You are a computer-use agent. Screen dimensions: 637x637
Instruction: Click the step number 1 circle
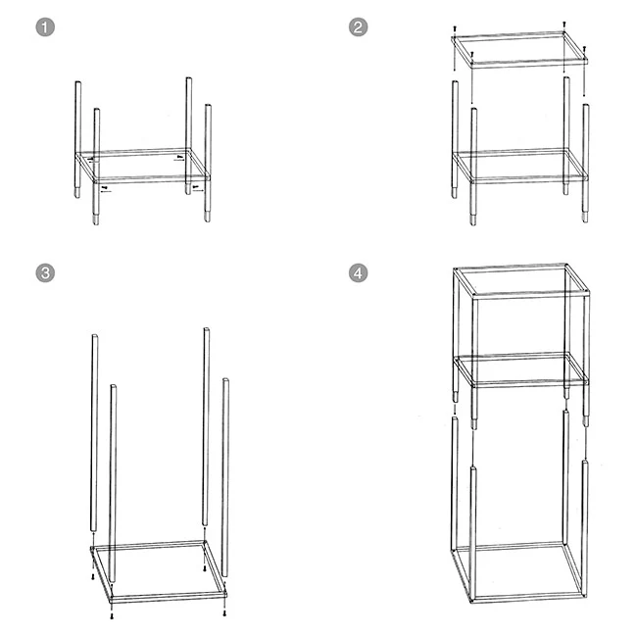pyautogui.click(x=45, y=27)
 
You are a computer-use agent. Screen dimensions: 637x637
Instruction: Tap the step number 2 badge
pyautogui.click(x=359, y=27)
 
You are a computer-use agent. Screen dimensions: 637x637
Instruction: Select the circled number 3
pyautogui.click(x=45, y=272)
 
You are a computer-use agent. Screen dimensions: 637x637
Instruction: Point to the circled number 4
pyautogui.click(x=359, y=272)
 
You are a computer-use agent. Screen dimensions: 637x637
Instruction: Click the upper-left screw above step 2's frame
pyautogui.click(x=455, y=29)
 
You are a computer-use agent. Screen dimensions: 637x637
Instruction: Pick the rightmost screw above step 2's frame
pyautogui.click(x=584, y=49)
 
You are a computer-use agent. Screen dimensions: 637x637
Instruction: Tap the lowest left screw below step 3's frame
pyautogui.click(x=112, y=616)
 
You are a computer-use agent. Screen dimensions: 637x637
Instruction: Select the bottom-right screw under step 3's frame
pyautogui.click(x=224, y=613)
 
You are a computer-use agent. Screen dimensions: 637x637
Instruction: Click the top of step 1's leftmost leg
pyautogui.click(x=77, y=82)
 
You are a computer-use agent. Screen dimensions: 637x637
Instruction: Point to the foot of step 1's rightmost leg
pyautogui.click(x=208, y=220)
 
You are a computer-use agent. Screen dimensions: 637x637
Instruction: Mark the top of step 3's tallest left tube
pyautogui.click(x=95, y=336)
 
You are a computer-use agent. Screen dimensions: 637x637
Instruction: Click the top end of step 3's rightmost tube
pyautogui.click(x=225, y=380)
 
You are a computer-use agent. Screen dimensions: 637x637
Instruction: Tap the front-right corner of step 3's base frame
pyautogui.click(x=224, y=594)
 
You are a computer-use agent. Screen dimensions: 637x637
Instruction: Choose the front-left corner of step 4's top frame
pyautogui.click(x=473, y=296)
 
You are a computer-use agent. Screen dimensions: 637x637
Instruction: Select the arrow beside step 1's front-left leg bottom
pyautogui.click(x=106, y=191)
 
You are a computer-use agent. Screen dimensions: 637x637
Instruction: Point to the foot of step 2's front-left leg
pyautogui.click(x=473, y=222)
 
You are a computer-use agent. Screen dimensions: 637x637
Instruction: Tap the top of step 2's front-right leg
pyautogui.click(x=585, y=106)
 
